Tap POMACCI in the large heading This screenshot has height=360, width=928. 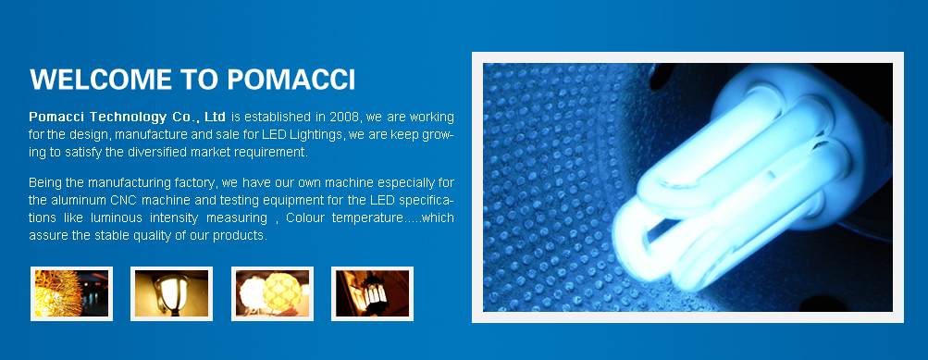tap(291, 80)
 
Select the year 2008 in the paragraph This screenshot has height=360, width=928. tap(344, 116)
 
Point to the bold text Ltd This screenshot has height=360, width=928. tap(215, 116)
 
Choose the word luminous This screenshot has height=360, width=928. tap(116, 217)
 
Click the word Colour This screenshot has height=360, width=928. tap(304, 217)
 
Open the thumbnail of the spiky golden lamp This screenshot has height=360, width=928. tap(71, 293)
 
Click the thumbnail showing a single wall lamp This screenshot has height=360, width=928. tap(172, 293)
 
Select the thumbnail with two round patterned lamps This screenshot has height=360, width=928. tap(272, 293)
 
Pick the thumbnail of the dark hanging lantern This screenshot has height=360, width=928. tap(372, 293)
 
